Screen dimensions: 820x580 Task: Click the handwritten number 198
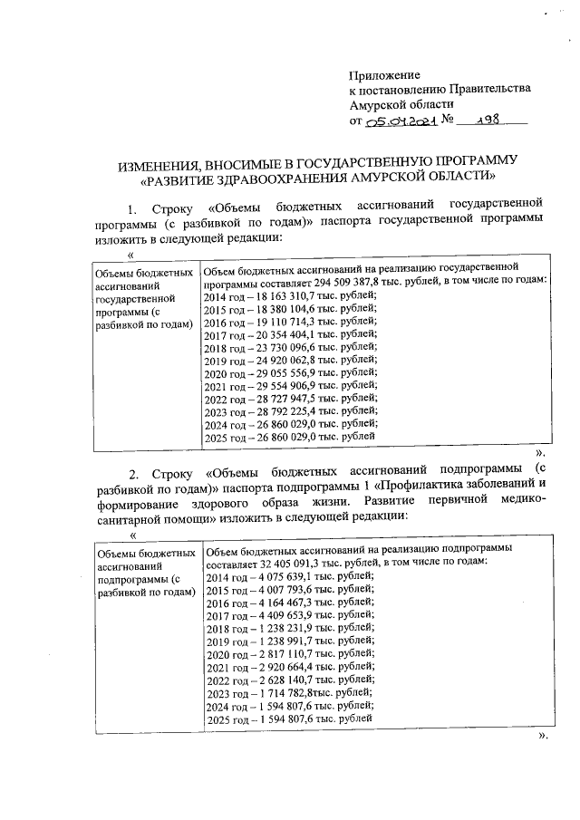tap(491, 119)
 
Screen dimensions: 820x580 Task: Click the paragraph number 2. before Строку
tap(133, 473)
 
